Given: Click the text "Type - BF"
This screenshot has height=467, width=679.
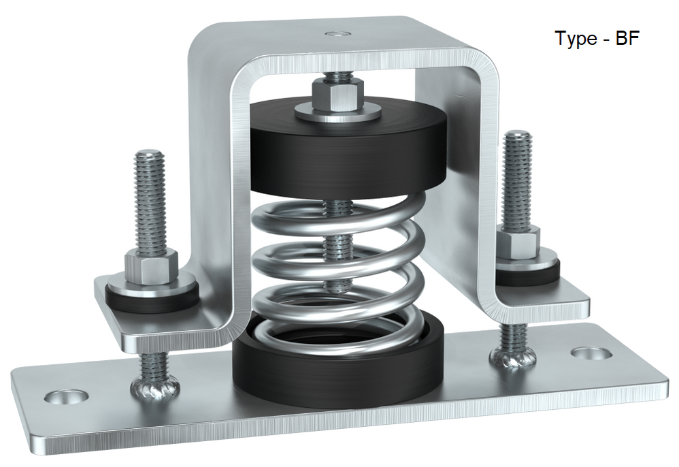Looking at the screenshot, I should point(597,38).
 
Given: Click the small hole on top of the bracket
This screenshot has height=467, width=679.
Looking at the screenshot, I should point(335,32).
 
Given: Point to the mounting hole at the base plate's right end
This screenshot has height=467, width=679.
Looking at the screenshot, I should point(589,353).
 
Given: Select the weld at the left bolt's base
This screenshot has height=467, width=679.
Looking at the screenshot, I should point(156,388).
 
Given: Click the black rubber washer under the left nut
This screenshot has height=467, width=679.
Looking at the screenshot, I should point(154,300).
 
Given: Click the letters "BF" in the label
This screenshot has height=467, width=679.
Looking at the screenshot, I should point(627,38).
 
